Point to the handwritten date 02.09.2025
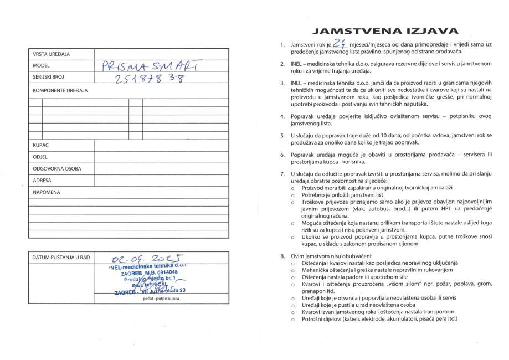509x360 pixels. pos(142,257)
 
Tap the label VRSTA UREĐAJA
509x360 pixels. pos(51,54)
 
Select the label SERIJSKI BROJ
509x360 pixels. pos(49,76)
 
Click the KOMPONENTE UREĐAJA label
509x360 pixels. pos(60,90)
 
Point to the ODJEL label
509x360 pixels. pos(41,158)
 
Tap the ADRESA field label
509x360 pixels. pos(43,181)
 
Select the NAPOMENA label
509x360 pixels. pos(47,192)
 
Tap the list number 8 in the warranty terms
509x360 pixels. pos(282,256)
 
